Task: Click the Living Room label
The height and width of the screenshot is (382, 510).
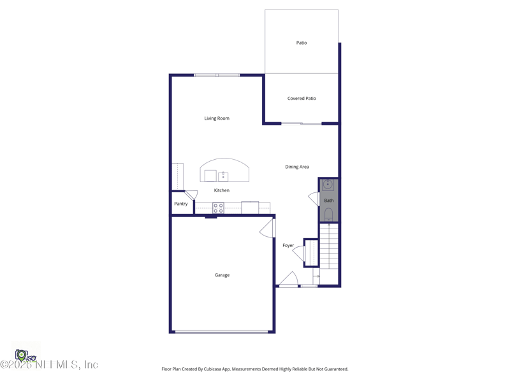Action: (x=217, y=118)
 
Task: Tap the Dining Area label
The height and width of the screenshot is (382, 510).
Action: (x=297, y=167)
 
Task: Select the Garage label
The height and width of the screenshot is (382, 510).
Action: (x=222, y=275)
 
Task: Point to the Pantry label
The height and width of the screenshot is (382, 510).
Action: (x=181, y=204)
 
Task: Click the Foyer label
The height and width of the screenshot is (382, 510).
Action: (x=288, y=245)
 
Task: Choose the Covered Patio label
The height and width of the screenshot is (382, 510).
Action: (x=302, y=99)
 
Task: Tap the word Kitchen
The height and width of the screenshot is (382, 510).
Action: (x=221, y=190)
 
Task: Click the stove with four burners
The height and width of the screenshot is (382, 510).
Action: (x=218, y=208)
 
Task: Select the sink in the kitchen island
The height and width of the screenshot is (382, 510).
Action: (x=223, y=176)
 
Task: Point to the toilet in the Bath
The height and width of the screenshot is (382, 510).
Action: (x=329, y=213)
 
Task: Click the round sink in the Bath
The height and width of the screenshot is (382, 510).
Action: (x=328, y=185)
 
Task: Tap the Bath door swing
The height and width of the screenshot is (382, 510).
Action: (x=314, y=199)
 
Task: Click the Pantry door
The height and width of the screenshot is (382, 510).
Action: (x=191, y=195)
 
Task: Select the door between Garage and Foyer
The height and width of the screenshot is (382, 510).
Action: (x=268, y=228)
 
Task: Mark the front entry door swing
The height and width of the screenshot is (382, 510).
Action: (x=289, y=279)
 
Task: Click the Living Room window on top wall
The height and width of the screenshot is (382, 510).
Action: (x=217, y=75)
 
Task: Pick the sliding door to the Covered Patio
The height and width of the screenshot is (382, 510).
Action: (x=301, y=124)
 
